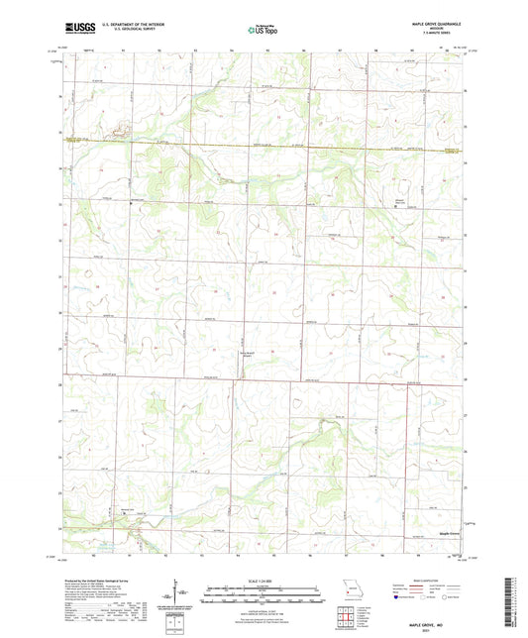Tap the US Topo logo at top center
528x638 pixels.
pos(263,30)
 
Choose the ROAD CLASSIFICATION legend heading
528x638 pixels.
pos(427,581)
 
